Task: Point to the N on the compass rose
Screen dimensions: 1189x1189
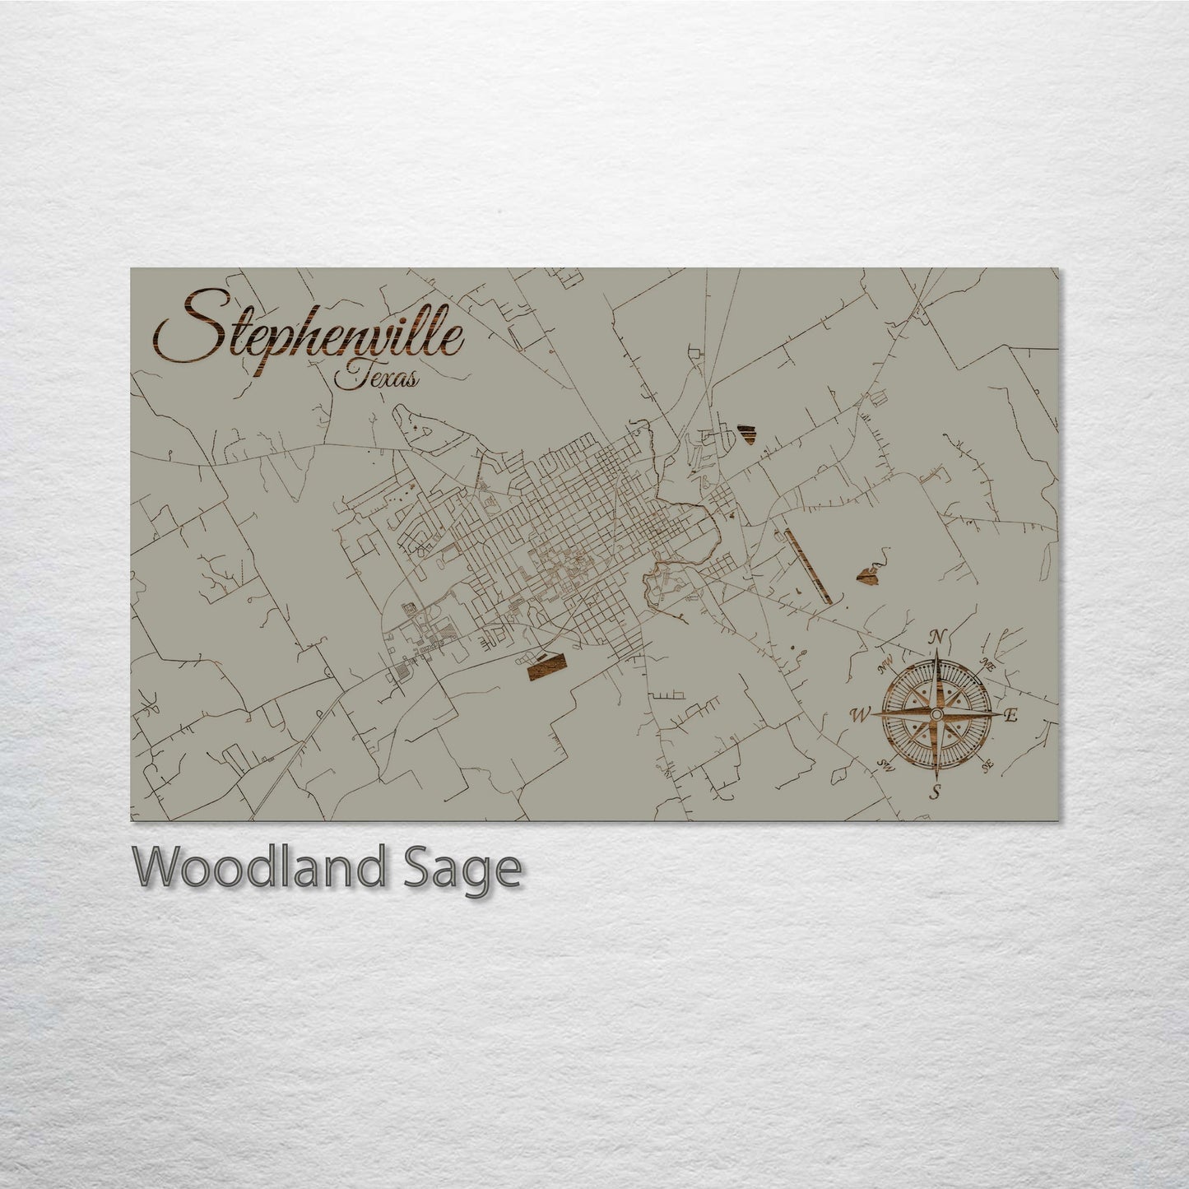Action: [x=936, y=635]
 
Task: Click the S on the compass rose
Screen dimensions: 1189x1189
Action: [x=935, y=792]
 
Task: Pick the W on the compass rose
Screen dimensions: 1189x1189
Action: [x=858, y=714]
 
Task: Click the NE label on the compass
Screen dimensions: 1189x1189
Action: [x=988, y=666]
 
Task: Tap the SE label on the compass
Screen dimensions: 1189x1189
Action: [x=987, y=764]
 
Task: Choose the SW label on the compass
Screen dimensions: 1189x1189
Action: [x=886, y=764]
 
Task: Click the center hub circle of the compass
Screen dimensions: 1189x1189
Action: [x=936, y=714]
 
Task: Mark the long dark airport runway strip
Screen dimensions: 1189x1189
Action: [x=805, y=566]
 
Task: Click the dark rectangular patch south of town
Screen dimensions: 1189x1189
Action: [x=546, y=667]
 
